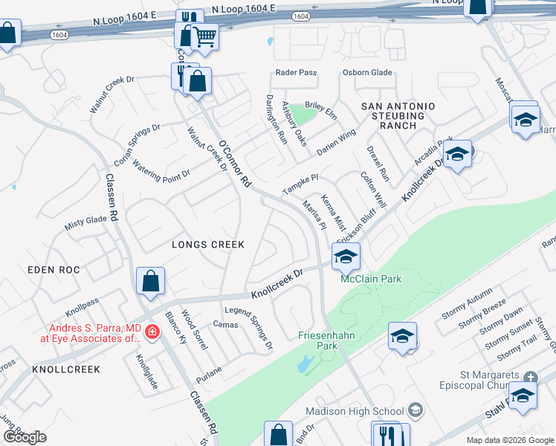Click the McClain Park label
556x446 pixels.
361,279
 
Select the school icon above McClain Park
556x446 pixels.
346,256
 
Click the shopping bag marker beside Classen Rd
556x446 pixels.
150,281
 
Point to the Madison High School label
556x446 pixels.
355,411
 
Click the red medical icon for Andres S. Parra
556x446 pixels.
152,331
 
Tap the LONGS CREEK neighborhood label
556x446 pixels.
207,244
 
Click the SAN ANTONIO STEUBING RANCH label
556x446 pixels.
393,116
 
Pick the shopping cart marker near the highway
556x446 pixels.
204,36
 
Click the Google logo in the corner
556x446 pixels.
25,438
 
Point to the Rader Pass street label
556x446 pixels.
296,72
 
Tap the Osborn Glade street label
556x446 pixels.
367,72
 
